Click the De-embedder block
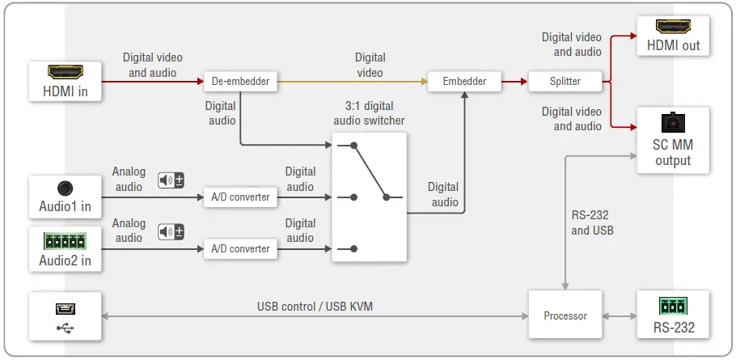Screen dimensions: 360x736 240,81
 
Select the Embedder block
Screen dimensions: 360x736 465,81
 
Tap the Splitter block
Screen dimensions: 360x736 565,81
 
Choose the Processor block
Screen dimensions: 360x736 565,315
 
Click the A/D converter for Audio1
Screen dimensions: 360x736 240,197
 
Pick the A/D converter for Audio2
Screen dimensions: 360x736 240,248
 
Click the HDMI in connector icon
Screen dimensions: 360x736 66,71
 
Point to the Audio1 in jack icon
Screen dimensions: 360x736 66,188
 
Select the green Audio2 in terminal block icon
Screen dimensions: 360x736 66,239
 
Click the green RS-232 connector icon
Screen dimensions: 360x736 673,306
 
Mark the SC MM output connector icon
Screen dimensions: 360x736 673,123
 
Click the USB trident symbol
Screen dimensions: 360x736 66,328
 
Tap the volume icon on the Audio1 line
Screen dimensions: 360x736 171,180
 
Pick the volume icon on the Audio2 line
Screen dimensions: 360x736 171,231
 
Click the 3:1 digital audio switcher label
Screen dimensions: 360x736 369,113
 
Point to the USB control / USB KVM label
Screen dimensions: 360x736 315,307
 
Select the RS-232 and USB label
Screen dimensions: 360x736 592,222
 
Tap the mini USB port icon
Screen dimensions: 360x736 66,308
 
